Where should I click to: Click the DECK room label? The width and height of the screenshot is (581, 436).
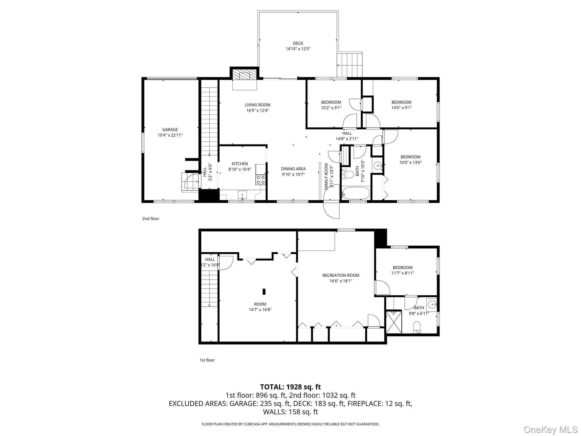298,43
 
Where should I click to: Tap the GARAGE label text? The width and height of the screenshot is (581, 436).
170,130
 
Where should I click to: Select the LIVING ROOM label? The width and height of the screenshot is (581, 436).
258,105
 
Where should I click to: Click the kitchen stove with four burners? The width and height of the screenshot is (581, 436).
261,179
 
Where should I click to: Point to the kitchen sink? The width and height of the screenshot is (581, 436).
242,194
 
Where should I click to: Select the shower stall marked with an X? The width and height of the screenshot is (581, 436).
394,322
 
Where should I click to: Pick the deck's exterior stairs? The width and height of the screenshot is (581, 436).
350,65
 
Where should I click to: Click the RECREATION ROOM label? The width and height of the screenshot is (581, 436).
341,275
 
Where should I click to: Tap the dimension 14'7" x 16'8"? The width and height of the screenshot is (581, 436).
260,310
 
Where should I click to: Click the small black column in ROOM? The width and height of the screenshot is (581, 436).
264,292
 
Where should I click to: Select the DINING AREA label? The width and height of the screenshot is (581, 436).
293,169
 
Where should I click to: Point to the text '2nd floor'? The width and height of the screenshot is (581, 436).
151,219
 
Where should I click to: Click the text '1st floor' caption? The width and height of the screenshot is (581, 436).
207,360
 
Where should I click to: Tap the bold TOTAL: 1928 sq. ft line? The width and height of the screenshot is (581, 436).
290,387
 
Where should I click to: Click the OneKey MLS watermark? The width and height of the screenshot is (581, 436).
550,429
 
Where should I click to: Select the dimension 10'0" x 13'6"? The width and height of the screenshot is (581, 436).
411,163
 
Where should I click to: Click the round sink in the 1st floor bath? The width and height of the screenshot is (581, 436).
432,305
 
